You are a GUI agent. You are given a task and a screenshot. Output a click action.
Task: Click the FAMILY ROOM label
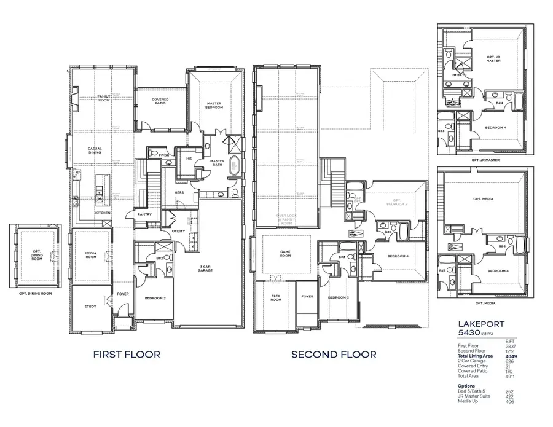click(103, 98)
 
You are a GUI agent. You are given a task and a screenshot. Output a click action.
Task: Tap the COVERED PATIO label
click(160, 101)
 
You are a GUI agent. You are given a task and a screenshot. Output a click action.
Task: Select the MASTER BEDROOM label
click(214, 106)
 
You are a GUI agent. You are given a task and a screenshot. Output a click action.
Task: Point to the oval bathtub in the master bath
click(233, 166)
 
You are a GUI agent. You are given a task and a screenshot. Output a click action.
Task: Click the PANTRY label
click(145, 214)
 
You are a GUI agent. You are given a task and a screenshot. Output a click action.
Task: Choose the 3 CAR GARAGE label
click(205, 269)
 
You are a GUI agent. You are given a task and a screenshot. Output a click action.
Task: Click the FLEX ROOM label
click(276, 298)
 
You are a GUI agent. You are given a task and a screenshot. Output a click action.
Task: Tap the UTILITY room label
click(178, 230)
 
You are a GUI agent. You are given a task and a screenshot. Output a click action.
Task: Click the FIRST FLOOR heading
click(127, 355)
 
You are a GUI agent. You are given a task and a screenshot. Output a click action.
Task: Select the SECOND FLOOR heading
click(334, 355)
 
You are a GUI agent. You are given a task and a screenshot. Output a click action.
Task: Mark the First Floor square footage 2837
click(510, 346)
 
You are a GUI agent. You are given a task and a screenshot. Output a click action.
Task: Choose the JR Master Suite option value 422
click(510, 396)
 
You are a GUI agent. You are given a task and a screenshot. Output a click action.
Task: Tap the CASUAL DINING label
click(95, 151)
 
